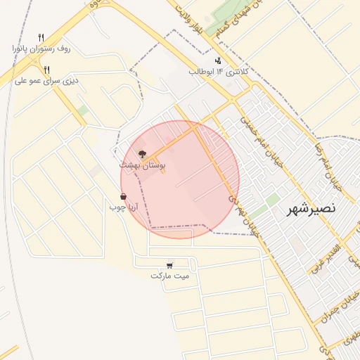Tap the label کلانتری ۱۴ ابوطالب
tap(216, 71)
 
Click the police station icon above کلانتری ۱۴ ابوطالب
tap(218, 60)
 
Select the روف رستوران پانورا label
tap(41, 48)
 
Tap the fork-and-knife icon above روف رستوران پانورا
tap(41, 37)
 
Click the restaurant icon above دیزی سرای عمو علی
tap(46, 70)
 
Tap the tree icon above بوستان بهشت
tap(142, 153)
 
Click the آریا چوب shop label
tap(124, 207)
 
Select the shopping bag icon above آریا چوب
tap(124, 197)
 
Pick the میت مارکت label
tap(170, 276)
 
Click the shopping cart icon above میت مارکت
tap(170, 265)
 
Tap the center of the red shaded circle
tap(180, 179)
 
